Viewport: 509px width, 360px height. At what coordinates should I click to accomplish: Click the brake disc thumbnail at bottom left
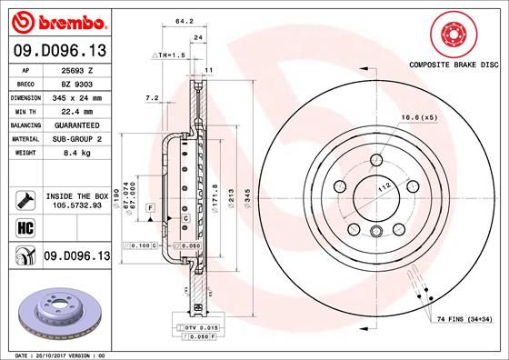[56, 310]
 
